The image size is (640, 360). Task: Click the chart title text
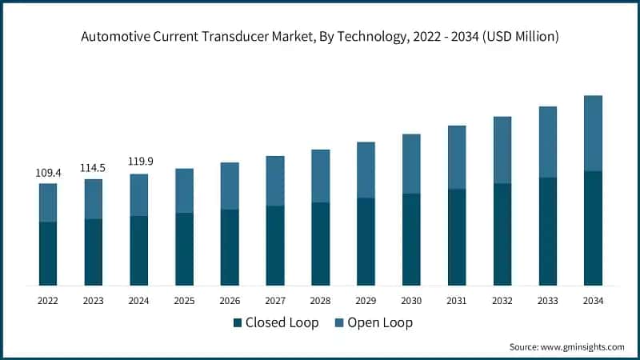[320, 37]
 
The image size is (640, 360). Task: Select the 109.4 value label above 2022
[47, 172]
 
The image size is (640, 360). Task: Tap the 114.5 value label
[94, 167]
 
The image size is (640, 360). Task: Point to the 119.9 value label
[139, 162]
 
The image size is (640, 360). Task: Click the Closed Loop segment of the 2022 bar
[48, 254]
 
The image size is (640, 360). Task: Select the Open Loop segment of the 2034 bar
[593, 133]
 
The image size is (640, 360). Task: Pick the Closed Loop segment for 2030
[411, 239]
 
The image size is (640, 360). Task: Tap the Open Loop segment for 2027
[275, 181]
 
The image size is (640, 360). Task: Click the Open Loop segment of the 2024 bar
[139, 194]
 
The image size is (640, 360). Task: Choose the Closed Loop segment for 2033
[547, 231]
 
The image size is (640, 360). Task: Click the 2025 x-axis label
[185, 301]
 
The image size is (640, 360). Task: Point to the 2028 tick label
[321, 301]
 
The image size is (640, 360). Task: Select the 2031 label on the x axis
[457, 301]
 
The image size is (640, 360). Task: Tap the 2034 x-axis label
[593, 301]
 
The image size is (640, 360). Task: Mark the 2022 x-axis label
[48, 301]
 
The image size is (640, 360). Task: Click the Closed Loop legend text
[282, 323]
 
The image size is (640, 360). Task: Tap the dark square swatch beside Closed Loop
[237, 323]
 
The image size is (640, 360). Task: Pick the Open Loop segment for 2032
[502, 150]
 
